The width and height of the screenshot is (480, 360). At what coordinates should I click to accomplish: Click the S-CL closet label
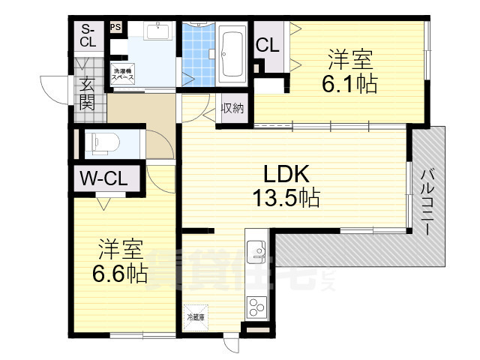coord(88,35)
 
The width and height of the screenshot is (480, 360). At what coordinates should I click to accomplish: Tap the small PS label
coord(115,28)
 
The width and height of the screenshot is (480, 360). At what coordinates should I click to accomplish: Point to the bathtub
coord(233,53)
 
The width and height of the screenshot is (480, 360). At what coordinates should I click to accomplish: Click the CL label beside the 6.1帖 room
coord(268,45)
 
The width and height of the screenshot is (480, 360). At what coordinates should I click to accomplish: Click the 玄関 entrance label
coord(88,93)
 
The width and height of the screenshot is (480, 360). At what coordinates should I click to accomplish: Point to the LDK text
coord(286,174)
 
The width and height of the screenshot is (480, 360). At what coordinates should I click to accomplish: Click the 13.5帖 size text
coord(286,199)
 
